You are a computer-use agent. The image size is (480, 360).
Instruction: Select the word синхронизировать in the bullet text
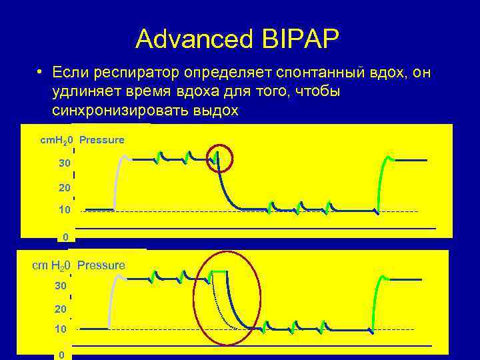(x=121, y=109)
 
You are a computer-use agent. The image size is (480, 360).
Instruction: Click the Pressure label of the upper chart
(x=102, y=140)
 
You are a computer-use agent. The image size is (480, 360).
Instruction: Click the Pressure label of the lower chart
(x=101, y=265)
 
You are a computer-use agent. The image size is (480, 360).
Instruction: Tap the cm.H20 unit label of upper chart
(x=57, y=140)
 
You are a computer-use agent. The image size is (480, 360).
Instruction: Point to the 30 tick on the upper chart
(x=63, y=163)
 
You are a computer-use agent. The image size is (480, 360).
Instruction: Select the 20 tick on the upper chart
(x=64, y=189)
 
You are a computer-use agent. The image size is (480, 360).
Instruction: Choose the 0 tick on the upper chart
(x=65, y=237)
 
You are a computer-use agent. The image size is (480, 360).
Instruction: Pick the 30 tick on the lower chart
(x=60, y=285)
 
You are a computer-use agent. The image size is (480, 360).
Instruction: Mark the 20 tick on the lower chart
(x=61, y=309)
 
